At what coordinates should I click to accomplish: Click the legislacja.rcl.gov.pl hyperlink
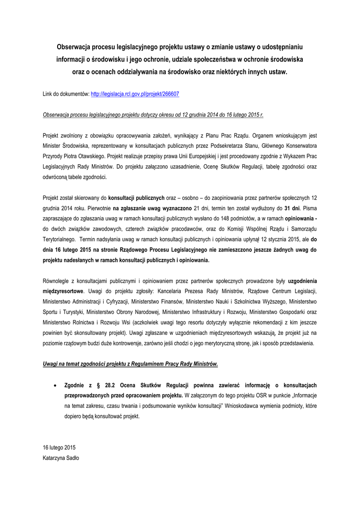[x=135, y=93]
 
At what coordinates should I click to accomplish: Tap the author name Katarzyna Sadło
[x=61, y=458]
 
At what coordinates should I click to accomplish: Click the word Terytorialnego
[x=62, y=239]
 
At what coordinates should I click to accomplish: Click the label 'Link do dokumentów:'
[x=66, y=93]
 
